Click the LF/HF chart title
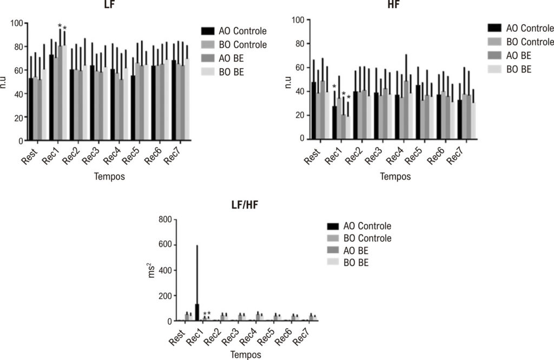coord(245,204)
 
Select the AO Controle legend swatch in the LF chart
coord(208,31)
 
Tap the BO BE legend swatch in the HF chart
coord(494,69)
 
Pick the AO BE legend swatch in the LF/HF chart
coord(333,251)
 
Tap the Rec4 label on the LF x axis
coord(113,155)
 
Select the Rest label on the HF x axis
coord(312,156)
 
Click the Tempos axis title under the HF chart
coord(395,176)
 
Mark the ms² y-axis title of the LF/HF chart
coord(151,270)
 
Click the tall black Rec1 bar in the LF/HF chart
coord(197,312)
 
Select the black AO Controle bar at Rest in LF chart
coord(31,109)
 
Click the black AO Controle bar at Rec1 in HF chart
coord(334,122)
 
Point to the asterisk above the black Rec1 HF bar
coord(334,86)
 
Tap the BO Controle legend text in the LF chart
coord(243,44)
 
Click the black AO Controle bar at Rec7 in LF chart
coord(174,100)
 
